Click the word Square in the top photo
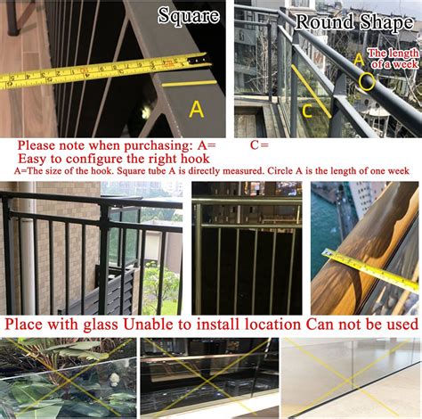tap(189, 15)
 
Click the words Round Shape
tap(354, 22)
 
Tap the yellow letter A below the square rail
tap(197, 110)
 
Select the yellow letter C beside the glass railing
tap(307, 111)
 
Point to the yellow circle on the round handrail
tap(367, 82)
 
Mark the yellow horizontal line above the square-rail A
tap(189, 83)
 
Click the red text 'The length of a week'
tap(394, 59)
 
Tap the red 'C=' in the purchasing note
tap(259, 145)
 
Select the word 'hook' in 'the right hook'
tap(195, 159)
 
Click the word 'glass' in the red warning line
tap(101, 325)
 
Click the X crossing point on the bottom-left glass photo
tap(69, 378)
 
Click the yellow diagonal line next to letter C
tap(311, 91)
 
